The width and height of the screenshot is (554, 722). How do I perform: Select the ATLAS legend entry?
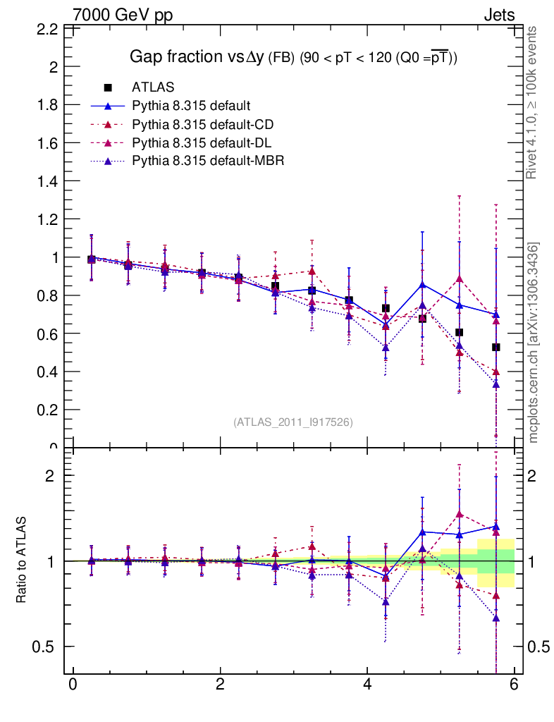pyautogui.click(x=152, y=87)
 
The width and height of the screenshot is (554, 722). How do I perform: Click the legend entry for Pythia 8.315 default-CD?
pyautogui.click(x=202, y=125)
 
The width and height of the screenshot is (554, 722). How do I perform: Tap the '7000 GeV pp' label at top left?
pyautogui.click(x=122, y=15)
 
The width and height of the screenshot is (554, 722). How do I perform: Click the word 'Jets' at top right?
pyautogui.click(x=498, y=15)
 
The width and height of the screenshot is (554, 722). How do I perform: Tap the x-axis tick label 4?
pyautogui.click(x=367, y=685)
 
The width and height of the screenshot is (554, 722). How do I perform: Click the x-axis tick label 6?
pyautogui.click(x=515, y=685)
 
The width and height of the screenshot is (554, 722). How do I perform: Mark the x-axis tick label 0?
pyautogui.click(x=73, y=685)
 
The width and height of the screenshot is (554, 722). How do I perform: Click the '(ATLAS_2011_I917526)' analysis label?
pyautogui.click(x=293, y=422)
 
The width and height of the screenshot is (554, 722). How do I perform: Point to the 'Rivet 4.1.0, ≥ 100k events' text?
pyautogui.click(x=532, y=103)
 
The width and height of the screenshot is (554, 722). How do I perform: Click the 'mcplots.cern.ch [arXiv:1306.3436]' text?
pyautogui.click(x=534, y=343)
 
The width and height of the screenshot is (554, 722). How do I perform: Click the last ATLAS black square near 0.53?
pyautogui.click(x=496, y=347)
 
